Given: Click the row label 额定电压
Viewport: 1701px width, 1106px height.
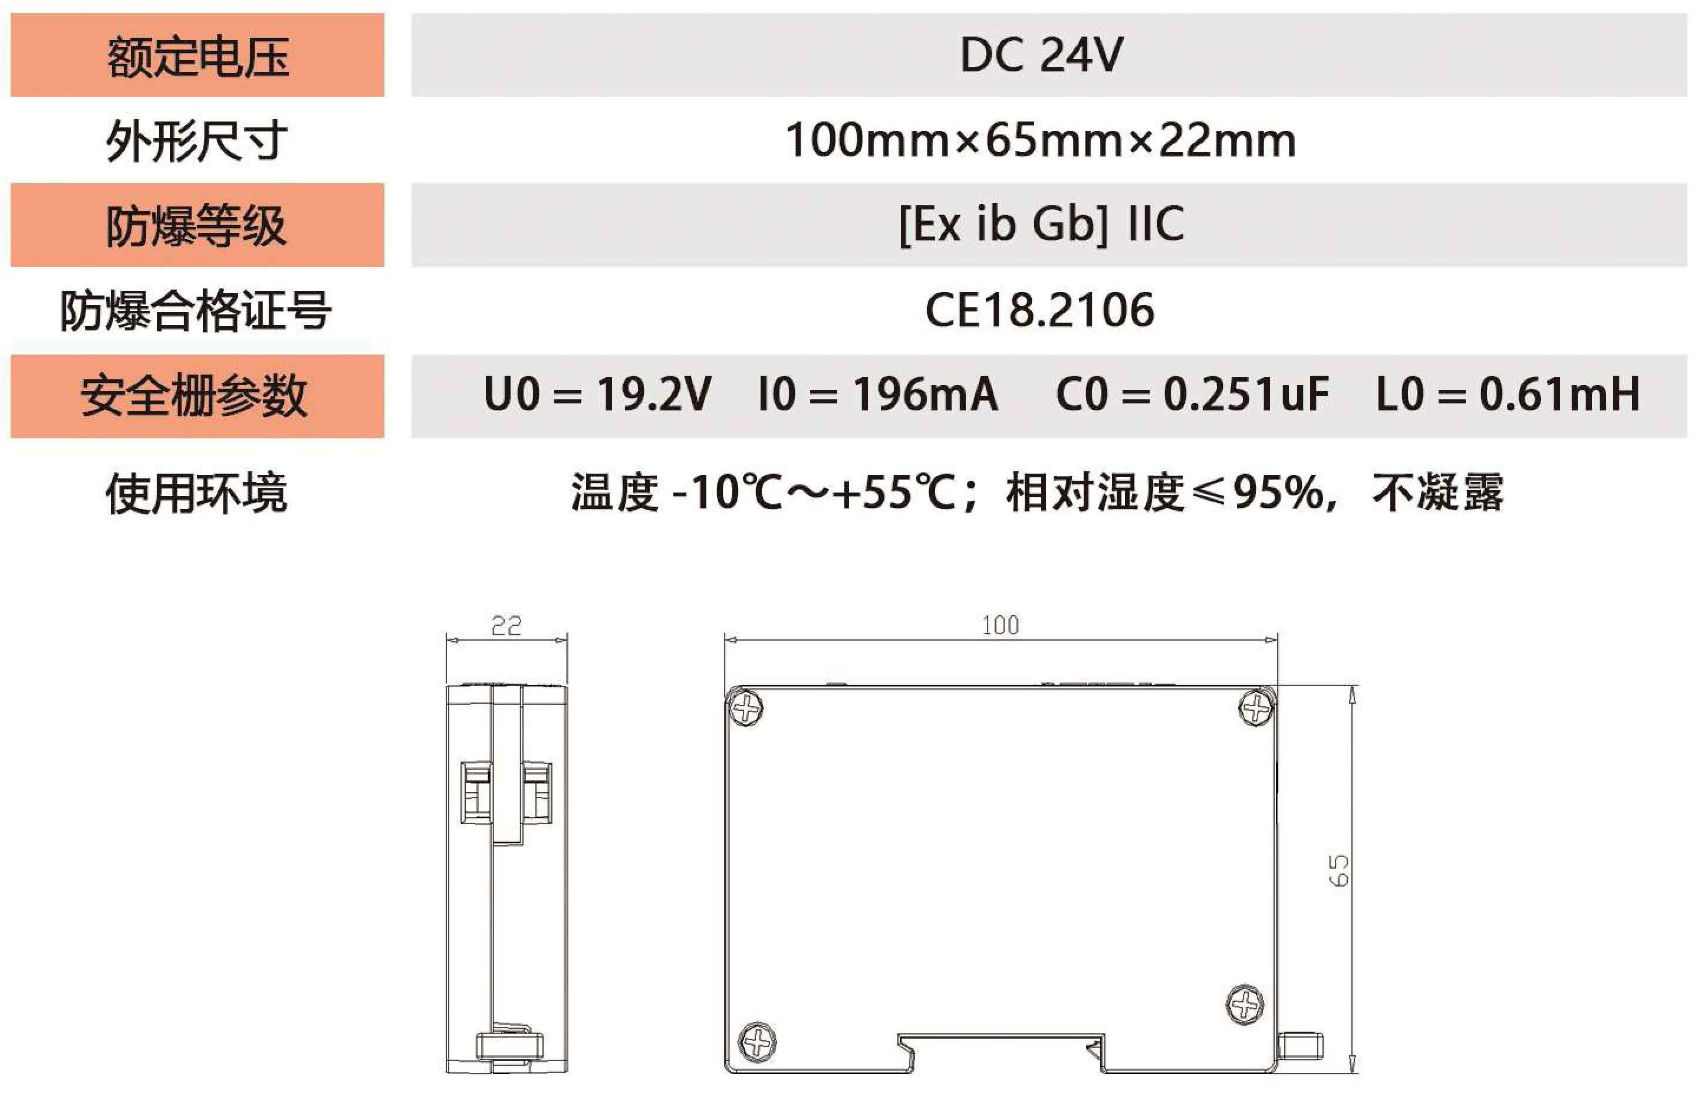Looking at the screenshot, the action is click(198, 57).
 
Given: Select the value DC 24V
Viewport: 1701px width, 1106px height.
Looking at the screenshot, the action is click(1041, 54).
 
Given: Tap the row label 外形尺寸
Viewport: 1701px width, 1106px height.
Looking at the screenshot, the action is click(196, 140).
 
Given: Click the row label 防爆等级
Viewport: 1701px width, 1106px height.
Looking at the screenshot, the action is click(196, 226).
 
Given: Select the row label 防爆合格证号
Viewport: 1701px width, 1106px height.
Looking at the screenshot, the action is click(196, 310).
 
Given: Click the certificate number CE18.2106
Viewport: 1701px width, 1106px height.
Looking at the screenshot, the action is click(1040, 310).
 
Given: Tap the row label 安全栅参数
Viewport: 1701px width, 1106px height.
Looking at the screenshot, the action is click(195, 395).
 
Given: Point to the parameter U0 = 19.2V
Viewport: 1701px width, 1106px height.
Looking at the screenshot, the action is click(597, 394).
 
